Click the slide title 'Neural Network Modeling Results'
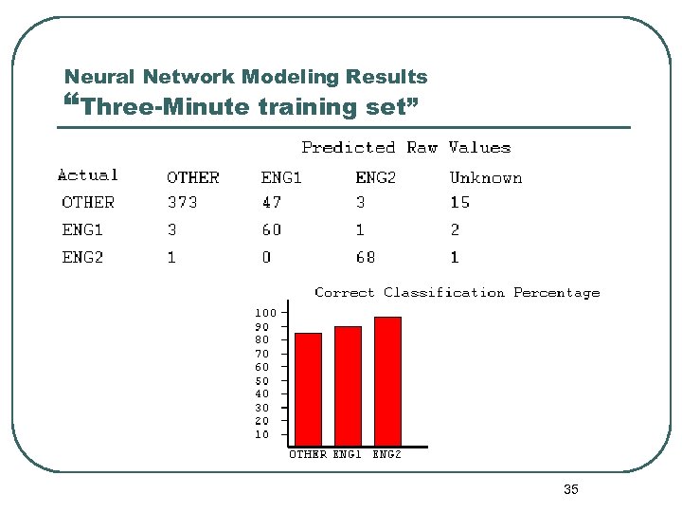245,77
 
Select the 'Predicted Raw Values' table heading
405,147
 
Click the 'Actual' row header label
88,174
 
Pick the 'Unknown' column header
485,177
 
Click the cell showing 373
182,202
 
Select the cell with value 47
271,202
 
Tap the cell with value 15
459,202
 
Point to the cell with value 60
271,229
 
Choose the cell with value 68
366,257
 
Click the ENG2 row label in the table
82,257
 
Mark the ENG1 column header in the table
281,177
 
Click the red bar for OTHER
309,389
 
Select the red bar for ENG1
348,386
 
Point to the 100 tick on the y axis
265,312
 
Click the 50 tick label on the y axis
261,380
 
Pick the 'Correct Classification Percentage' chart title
457,293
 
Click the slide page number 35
570,489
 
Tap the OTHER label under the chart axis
308,454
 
